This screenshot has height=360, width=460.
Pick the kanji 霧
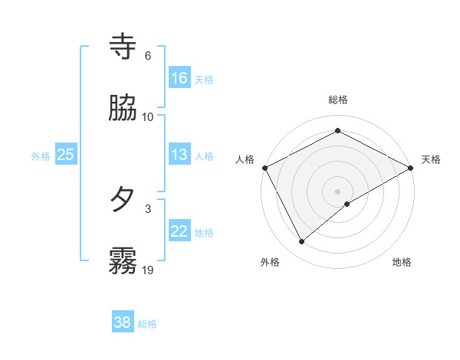123,261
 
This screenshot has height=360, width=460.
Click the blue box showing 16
179,77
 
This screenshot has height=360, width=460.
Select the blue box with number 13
179,155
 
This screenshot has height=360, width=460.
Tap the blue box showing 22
179,231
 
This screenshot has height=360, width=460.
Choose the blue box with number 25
66,155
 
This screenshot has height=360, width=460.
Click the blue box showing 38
123,322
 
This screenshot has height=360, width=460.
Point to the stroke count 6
148,56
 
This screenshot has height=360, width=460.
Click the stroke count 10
148,117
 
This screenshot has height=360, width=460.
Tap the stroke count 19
148,270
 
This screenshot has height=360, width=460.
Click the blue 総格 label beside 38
147,324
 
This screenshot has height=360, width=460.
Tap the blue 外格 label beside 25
41,156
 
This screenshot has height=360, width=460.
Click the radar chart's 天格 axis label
431,159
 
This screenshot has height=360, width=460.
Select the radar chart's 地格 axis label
402,263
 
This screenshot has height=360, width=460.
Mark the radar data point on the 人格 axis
264,168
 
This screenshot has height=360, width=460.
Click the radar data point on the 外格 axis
302,242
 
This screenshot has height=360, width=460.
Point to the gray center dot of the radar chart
338,191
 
